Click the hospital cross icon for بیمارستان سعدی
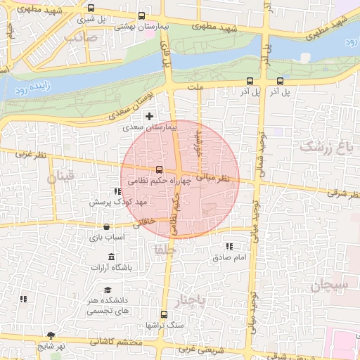(x=148, y=115)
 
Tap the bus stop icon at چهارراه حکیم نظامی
(x=159, y=169)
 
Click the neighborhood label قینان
(x=60, y=178)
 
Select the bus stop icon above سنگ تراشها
(x=164, y=314)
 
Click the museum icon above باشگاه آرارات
(x=112, y=256)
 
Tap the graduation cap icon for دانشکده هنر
(x=108, y=290)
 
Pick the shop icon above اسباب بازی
(x=106, y=226)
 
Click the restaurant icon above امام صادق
(x=229, y=247)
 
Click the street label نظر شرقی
(x=338, y=191)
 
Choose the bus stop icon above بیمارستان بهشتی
(x=141, y=15)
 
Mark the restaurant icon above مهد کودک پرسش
(x=117, y=191)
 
